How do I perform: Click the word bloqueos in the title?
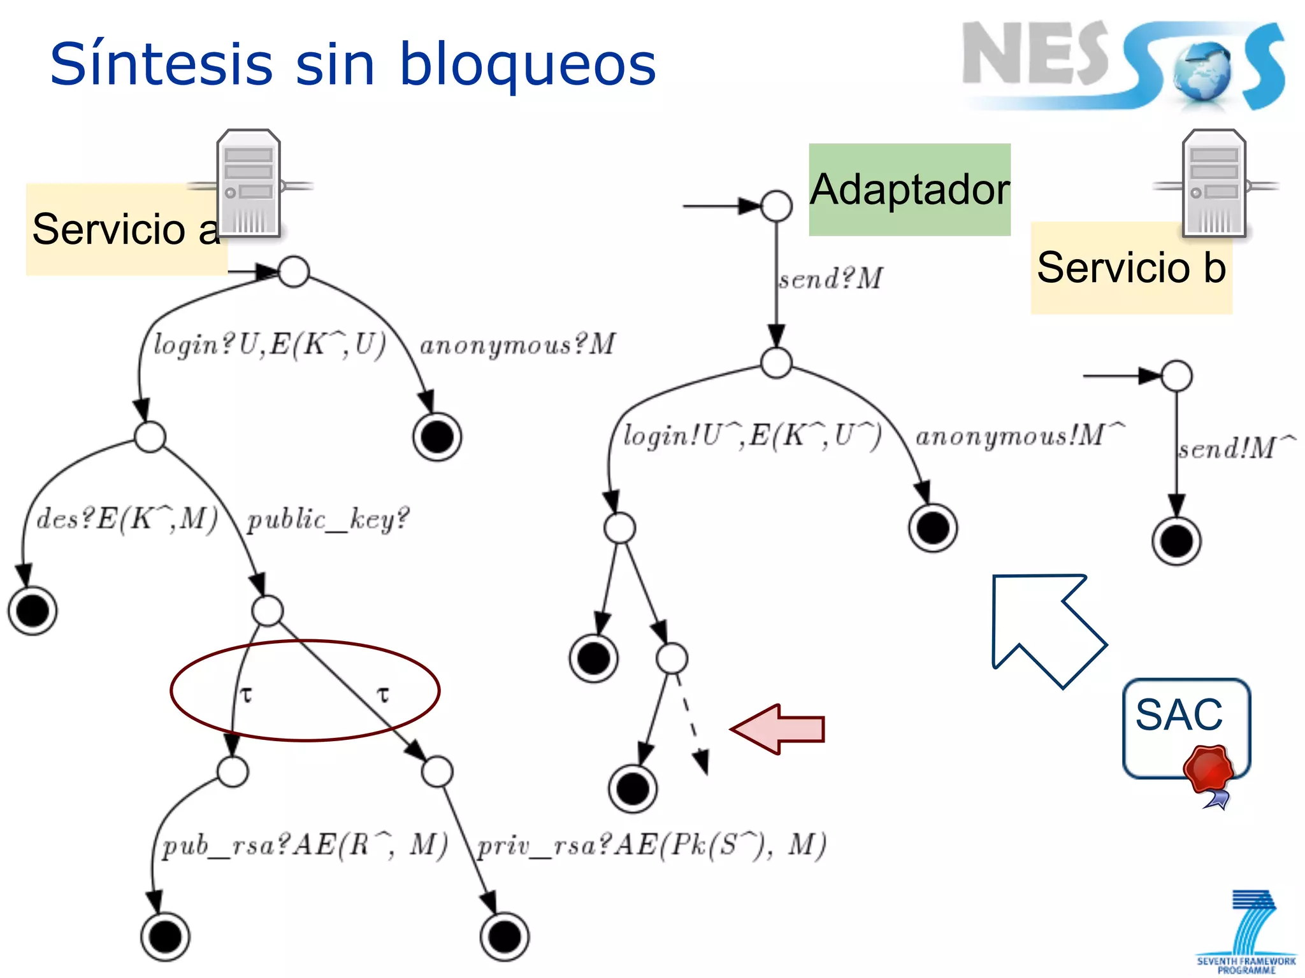(x=528, y=66)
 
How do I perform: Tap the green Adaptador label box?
(x=909, y=190)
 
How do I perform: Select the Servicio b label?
(x=1131, y=267)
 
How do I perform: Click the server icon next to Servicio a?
(x=249, y=184)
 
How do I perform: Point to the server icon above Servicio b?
(x=1214, y=184)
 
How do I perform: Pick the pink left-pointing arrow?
(x=779, y=729)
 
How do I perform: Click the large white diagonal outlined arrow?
(x=1045, y=627)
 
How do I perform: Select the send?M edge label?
(x=831, y=279)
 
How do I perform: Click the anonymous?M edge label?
(x=517, y=345)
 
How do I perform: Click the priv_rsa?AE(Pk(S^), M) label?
(x=652, y=846)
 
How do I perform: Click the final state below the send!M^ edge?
(x=1176, y=541)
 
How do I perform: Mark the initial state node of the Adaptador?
(x=776, y=206)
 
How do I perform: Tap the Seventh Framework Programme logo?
(x=1246, y=933)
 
